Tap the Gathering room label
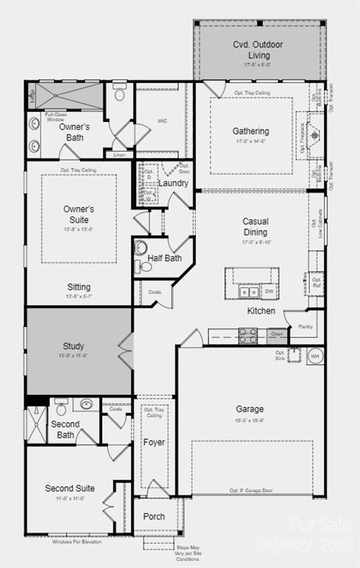(x=251, y=132)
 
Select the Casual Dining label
(x=255, y=226)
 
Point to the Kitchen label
(x=261, y=311)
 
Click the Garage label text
(x=250, y=409)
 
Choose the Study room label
(x=73, y=346)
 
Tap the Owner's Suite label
(x=78, y=214)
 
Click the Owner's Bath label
(x=74, y=132)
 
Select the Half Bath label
(x=164, y=258)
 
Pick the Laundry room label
(x=173, y=183)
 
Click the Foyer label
(x=154, y=442)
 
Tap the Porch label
(x=154, y=516)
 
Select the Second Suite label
(x=69, y=488)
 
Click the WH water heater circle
(x=314, y=355)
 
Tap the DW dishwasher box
(x=269, y=291)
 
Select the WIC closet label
(x=162, y=121)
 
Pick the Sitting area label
(x=78, y=287)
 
